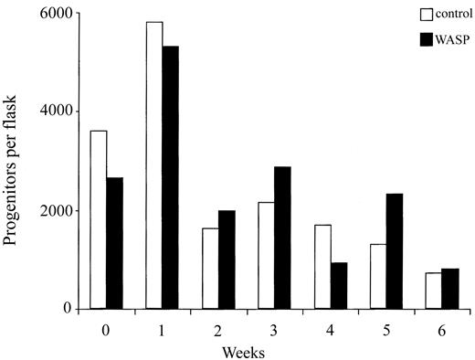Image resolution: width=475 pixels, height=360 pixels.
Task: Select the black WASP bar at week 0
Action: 114,243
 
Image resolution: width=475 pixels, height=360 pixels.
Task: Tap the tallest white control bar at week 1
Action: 153,165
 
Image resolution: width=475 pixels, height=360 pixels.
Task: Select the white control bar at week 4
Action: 321,266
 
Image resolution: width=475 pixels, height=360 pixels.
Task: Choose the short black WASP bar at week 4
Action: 338,285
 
